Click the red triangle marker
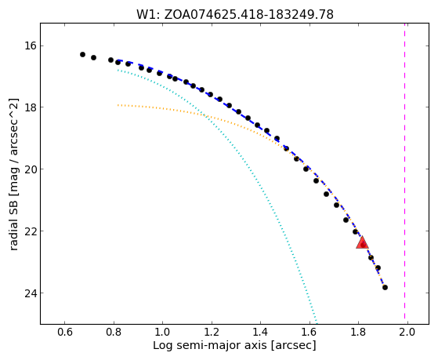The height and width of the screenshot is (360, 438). coord(362,242)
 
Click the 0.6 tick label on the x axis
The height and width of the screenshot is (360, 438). coord(65,332)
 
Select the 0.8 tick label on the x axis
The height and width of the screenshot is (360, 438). coord(114,332)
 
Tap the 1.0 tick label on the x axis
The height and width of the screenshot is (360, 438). coord(162,332)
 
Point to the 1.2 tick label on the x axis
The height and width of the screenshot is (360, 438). coord(212,332)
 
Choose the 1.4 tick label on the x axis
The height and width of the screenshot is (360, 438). coord(260,332)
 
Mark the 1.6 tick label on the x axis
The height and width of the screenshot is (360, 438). coord(309,332)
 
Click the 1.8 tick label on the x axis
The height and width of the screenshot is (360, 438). coord(358,332)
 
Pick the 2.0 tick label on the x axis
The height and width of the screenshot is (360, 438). coord(407,332)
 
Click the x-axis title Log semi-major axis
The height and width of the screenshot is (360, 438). coord(210,346)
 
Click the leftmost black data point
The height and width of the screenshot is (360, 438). coord(82,54)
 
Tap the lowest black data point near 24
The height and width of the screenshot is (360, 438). coord(385,287)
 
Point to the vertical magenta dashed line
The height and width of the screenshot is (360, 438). coord(404,173)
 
